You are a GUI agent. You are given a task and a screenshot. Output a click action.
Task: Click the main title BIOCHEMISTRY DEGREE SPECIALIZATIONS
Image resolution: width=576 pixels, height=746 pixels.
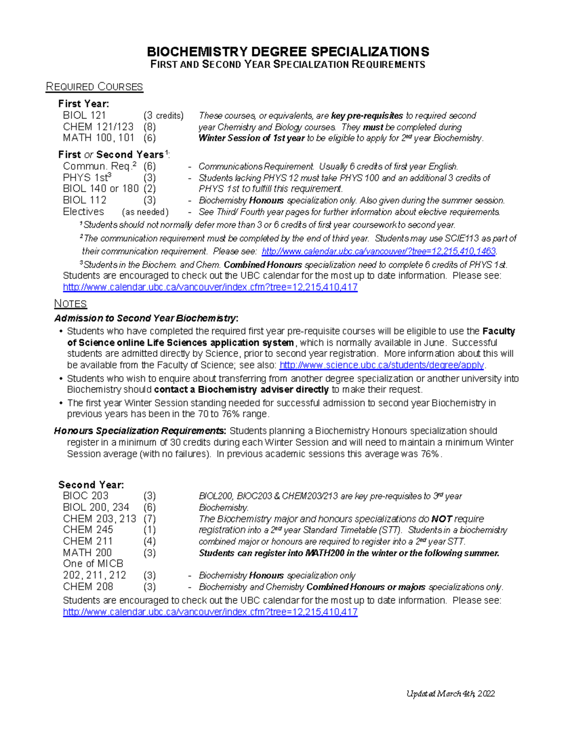tap(288, 51)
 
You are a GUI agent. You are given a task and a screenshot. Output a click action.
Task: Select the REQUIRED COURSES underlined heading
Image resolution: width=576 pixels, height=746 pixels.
tap(94, 87)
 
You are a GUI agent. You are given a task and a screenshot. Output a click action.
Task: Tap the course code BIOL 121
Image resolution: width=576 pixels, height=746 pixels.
tap(84, 115)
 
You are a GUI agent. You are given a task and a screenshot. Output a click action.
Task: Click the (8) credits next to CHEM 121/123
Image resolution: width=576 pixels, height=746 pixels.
tap(149, 127)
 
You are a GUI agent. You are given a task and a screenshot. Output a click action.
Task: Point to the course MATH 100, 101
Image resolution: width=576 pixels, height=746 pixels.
tap(98, 138)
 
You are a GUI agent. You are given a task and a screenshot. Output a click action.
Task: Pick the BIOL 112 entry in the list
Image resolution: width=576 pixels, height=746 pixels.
tap(84, 200)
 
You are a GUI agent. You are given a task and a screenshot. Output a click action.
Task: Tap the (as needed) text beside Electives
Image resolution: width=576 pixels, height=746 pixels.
tap(145, 212)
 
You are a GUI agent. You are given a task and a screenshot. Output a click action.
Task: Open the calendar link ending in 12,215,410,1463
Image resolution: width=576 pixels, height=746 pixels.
tap(379, 251)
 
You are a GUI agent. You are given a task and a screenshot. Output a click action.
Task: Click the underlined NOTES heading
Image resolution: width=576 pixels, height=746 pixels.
tap(71, 304)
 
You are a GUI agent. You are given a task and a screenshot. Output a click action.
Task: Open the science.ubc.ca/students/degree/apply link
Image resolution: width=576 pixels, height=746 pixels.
tap(382, 365)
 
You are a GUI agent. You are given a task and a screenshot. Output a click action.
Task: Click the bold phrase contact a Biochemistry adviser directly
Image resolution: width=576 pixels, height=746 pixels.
tap(241, 390)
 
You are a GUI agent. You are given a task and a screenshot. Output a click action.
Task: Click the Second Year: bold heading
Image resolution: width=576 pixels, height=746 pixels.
tap(91, 485)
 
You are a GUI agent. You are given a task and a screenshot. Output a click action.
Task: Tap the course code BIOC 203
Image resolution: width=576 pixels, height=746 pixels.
tap(85, 496)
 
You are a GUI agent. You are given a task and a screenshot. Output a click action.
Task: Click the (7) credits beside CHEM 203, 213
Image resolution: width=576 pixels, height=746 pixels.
tap(149, 519)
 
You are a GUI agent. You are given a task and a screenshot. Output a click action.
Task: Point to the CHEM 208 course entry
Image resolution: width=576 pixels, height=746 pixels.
tap(88, 587)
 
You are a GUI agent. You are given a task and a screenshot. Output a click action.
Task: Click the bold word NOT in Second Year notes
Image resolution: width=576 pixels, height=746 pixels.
tap(442, 519)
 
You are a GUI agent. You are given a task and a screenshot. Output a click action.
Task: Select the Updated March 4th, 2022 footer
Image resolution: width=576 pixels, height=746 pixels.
tap(450, 694)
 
